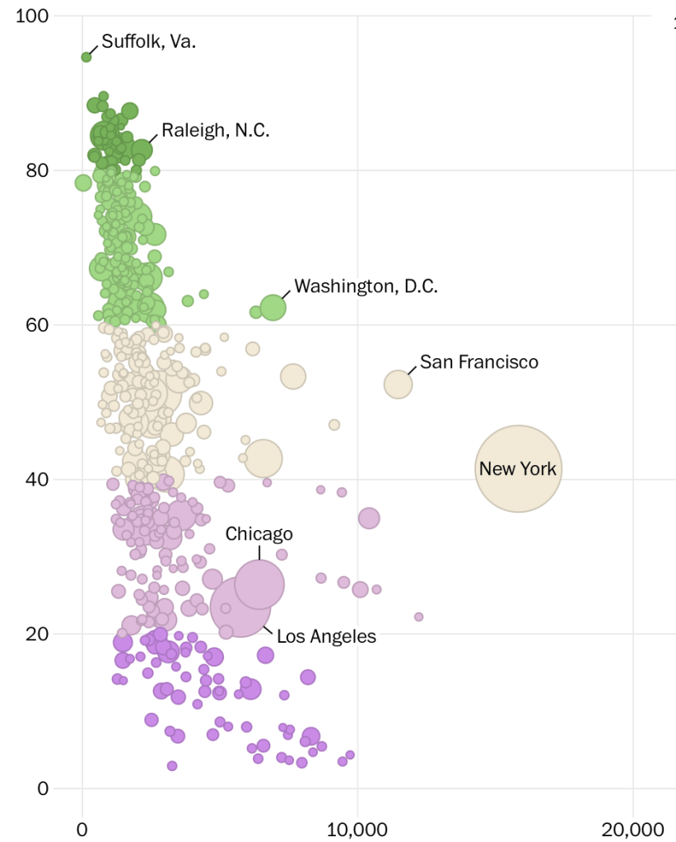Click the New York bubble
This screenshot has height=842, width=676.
(518, 468)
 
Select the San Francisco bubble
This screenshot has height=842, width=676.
(398, 384)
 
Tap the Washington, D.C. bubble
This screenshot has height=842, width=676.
(273, 308)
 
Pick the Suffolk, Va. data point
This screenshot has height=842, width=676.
(86, 57)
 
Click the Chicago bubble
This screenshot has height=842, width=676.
(259, 584)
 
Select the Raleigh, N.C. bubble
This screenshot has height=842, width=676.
(142, 150)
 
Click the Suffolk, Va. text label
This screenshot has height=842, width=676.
(148, 42)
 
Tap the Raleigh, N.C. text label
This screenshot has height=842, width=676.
(215, 130)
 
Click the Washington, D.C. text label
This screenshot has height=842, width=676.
(366, 286)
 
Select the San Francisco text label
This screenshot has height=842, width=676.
(478, 362)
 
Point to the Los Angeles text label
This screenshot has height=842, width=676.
(326, 636)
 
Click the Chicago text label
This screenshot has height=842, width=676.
(259, 534)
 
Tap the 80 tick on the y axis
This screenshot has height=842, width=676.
(37, 170)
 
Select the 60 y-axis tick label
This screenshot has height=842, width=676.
(37, 325)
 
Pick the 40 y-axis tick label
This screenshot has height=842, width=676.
(37, 479)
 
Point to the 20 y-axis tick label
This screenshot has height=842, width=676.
(37, 634)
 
